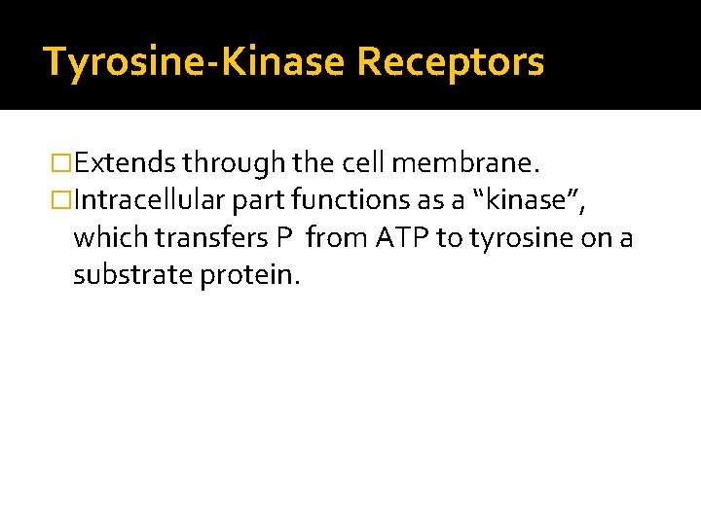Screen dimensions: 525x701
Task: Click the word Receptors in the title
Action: coord(450,62)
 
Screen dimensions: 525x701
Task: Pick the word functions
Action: coord(339,200)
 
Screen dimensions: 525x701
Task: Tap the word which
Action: coord(104,238)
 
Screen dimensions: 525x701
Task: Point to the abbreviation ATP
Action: coord(397,238)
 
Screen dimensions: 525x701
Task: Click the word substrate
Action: coord(132,276)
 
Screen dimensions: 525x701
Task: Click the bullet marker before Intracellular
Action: coord(60,200)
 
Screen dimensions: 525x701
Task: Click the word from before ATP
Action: coord(334,238)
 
